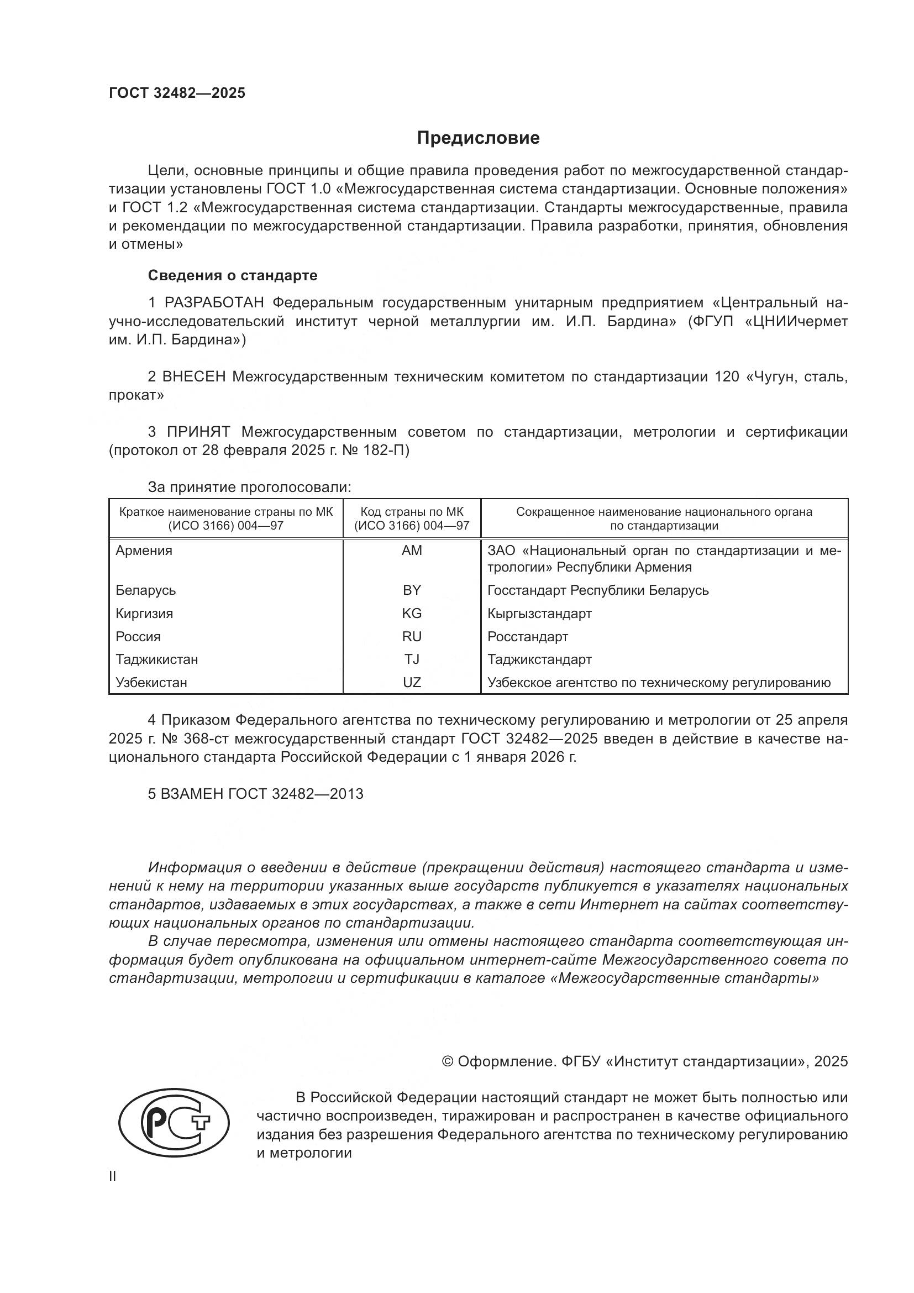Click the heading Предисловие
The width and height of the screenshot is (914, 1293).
[x=478, y=138]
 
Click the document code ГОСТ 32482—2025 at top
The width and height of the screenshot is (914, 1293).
[x=177, y=93]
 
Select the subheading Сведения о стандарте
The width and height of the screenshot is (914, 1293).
[x=233, y=275]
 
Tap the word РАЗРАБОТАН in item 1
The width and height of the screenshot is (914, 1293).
[x=214, y=303]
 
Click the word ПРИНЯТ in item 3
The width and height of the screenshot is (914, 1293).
[x=198, y=432]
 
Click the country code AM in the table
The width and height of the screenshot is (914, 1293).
[x=412, y=551]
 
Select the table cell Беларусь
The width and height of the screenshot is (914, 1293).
[x=146, y=590]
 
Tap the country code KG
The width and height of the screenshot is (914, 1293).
[x=412, y=613]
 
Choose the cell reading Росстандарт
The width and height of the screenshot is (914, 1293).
[x=527, y=636]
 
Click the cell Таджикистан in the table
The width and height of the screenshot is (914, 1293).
[x=156, y=659]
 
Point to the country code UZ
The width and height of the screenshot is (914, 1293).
[x=412, y=683]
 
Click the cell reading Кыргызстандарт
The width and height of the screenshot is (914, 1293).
[x=539, y=613]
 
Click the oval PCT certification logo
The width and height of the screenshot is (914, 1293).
[x=174, y=1124]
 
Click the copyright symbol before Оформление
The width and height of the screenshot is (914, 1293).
[x=448, y=1061]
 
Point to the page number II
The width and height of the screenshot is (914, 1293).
[x=113, y=1176]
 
